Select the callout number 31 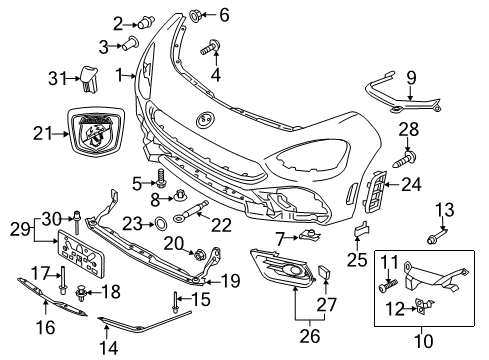tap(34, 79)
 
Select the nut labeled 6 tap(195, 15)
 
